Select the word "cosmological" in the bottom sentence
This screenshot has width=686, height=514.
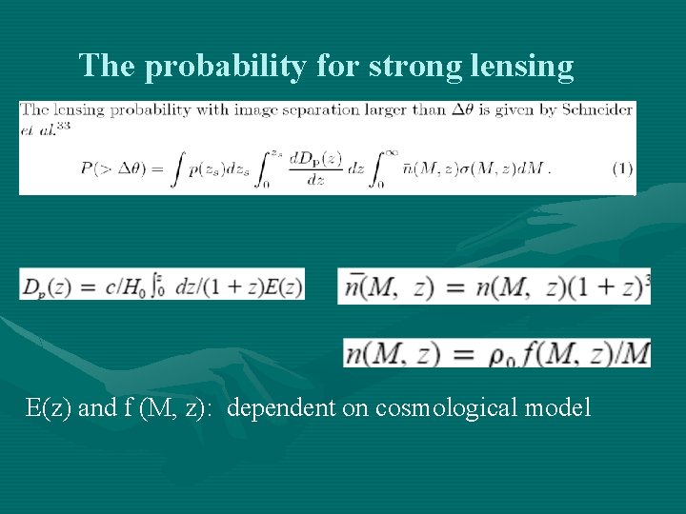441,408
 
